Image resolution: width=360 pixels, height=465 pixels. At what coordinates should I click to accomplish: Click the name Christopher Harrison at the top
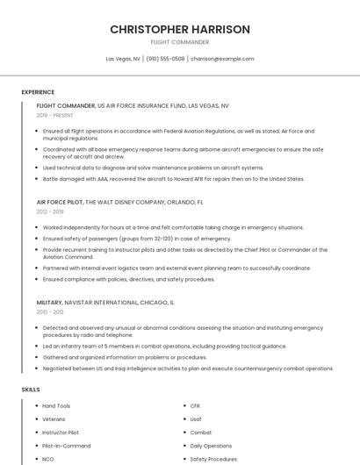pos(179,29)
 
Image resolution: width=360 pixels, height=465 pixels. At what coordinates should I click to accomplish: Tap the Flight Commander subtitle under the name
pos(179,42)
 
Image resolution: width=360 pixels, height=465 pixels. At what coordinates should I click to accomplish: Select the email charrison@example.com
pos(222,59)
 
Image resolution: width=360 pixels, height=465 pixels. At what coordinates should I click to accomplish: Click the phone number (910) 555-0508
pos(166,59)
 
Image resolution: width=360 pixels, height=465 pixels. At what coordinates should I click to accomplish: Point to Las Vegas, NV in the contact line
pos(123,59)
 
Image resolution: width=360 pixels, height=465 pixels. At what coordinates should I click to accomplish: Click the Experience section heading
pos(38,92)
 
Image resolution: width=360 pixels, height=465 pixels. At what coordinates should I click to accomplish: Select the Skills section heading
pos(31,389)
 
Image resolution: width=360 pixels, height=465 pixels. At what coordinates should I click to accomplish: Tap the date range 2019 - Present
pos(55,115)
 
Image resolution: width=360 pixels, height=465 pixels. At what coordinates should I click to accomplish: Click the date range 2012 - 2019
pos(50,211)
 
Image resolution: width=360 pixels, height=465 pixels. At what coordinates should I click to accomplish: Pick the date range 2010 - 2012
pos(50,311)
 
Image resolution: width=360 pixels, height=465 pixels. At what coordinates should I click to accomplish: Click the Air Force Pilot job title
pos(60,202)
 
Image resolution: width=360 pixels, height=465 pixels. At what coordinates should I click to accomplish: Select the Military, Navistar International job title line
pos(105,302)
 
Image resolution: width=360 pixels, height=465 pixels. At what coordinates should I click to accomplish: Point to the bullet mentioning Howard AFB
pos(173,179)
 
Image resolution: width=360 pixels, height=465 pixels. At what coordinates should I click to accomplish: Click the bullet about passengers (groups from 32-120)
pos(137,239)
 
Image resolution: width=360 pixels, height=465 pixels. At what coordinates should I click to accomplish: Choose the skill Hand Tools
pos(56,406)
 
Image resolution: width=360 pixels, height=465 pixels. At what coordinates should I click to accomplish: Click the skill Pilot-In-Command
pos(66,446)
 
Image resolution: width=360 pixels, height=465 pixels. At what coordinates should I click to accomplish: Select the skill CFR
pos(196,406)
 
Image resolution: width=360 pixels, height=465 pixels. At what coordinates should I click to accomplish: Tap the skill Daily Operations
pos(211,446)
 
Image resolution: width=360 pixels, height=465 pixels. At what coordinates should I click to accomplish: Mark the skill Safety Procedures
pos(213,459)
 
